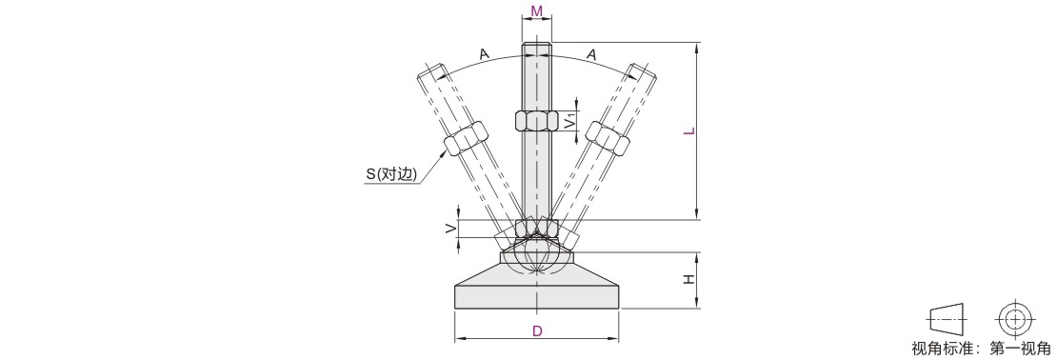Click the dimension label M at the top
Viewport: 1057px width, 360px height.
click(536, 10)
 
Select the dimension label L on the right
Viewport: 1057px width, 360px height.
click(688, 130)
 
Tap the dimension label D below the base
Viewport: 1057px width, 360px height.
click(537, 331)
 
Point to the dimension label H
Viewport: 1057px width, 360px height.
click(688, 280)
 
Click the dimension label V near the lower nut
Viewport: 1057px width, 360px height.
click(450, 229)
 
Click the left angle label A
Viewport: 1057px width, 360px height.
click(484, 54)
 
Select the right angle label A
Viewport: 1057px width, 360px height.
click(591, 54)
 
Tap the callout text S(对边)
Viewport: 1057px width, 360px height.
click(391, 174)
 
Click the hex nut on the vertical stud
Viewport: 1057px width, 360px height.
click(536, 121)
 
